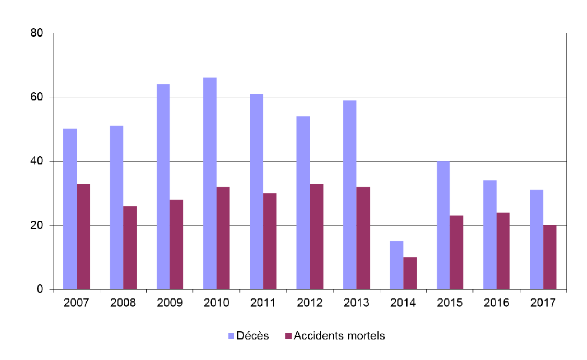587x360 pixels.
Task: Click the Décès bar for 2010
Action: coord(210,183)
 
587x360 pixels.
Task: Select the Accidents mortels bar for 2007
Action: coord(83,236)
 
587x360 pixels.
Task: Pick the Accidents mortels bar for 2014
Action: coord(410,273)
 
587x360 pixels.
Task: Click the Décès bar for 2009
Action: coord(163,186)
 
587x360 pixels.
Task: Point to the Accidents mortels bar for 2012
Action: coord(316,236)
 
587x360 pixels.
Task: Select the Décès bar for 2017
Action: coord(536,239)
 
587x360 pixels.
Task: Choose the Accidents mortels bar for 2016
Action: coord(503,251)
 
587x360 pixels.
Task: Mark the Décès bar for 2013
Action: coord(349,194)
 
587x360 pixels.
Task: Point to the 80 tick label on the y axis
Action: coord(37,33)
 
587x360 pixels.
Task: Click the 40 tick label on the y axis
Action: coord(37,161)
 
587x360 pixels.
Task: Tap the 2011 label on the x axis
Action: coord(263,303)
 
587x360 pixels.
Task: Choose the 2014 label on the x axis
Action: coord(403,303)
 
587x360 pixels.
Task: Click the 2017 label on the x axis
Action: coord(543,303)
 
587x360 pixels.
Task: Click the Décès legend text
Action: coord(253,336)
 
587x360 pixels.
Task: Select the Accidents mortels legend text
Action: coord(339,336)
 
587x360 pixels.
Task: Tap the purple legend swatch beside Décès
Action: coord(231,336)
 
